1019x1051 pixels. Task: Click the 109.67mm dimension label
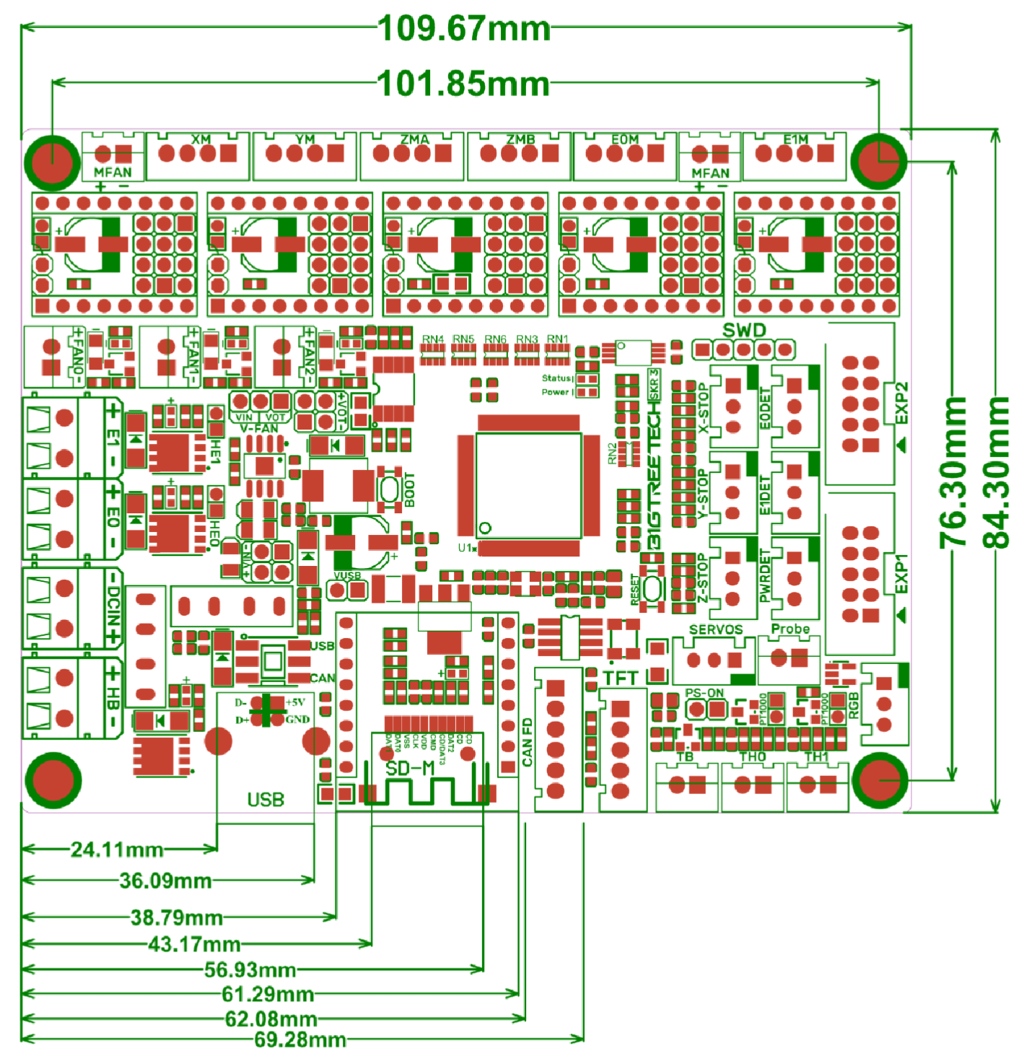[463, 29]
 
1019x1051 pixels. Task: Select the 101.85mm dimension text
[463, 84]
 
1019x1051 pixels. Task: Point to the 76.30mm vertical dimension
[953, 473]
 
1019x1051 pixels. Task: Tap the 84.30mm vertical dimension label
[997, 473]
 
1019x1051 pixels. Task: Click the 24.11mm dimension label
[117, 850]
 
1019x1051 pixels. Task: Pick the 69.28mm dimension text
[300, 1039]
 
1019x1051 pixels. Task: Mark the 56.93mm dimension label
[250, 969]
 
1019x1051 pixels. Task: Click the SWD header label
[744, 331]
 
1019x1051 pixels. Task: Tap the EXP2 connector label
[901, 404]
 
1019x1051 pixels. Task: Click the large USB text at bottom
[266, 800]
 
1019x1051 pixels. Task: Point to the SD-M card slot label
[409, 769]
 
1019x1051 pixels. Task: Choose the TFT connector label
[621, 679]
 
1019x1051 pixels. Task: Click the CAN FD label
[528, 742]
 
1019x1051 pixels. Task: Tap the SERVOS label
[715, 629]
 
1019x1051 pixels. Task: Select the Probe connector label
[790, 629]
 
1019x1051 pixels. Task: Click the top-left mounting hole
[52, 159]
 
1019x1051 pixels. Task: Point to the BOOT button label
[409, 489]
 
